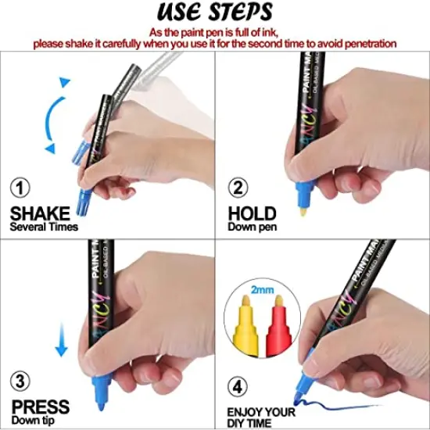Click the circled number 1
click(20, 188)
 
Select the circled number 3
click(20, 382)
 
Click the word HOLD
click(252, 213)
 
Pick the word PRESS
click(40, 407)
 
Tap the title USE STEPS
click(215, 13)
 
